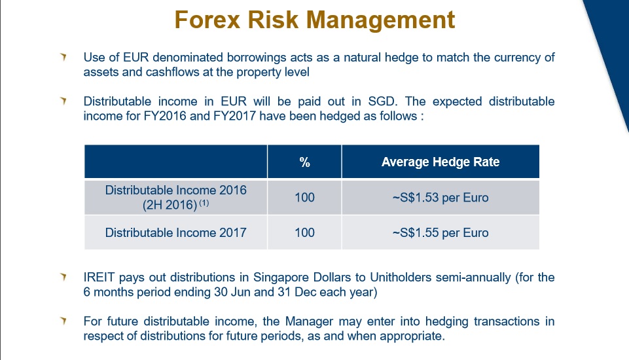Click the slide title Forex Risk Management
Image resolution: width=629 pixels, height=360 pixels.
pos(314,20)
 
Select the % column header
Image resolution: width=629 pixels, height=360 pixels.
pos(304,162)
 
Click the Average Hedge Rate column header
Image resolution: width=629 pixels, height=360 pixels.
pos(440,162)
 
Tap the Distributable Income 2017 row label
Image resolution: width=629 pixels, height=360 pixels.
pos(175,232)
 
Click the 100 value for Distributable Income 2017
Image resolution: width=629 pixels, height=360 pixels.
pos(304,232)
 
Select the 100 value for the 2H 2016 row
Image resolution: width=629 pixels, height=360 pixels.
pos(304,197)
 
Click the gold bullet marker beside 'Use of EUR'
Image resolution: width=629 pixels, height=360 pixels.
pos(63,58)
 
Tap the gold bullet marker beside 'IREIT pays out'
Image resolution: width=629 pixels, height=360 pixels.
pos(63,278)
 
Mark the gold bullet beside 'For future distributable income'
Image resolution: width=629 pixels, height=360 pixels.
pos(63,321)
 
